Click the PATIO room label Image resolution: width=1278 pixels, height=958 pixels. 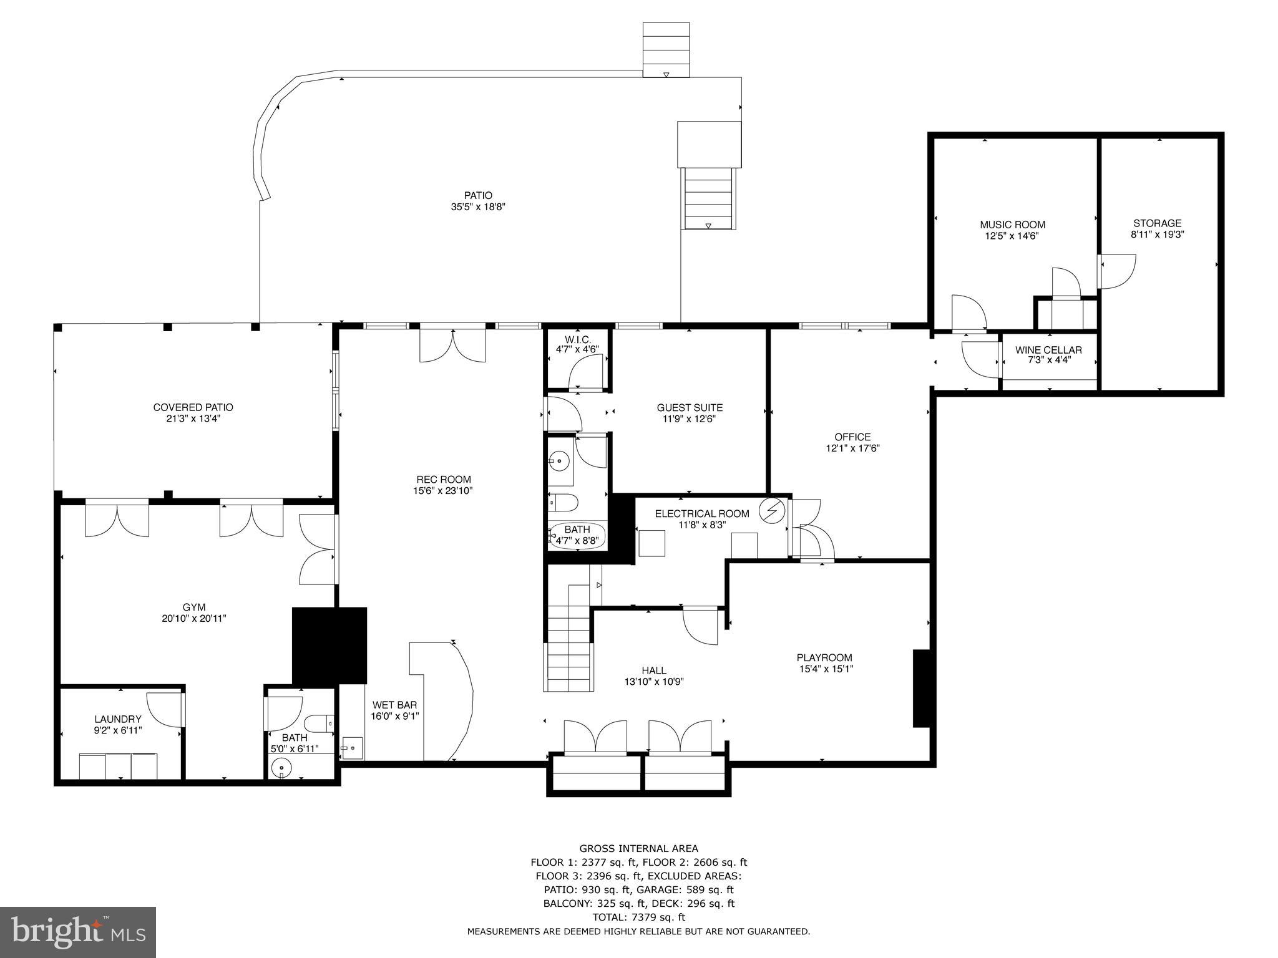[x=477, y=195]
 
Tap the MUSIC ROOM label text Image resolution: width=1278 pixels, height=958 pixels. [x=1012, y=225]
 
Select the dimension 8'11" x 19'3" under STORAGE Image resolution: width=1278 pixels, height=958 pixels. [x=1157, y=235]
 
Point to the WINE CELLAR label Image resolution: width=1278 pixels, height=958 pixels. [x=1048, y=350]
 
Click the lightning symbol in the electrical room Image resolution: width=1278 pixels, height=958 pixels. [x=771, y=511]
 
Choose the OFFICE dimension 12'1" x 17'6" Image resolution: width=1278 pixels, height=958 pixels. [x=852, y=448]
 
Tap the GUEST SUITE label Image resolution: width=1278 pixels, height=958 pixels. [x=690, y=407]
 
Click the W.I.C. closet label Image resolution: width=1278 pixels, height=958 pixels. [x=577, y=339]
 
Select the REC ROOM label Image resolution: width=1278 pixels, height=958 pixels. [x=444, y=480]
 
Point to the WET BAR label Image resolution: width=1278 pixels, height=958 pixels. [x=394, y=705]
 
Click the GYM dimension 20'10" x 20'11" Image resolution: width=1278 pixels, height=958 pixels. [x=194, y=619]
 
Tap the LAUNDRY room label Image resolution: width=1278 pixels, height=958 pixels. [x=118, y=719]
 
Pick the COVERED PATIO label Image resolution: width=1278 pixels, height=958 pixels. [x=193, y=407]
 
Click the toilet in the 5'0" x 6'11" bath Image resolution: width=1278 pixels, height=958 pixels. [x=318, y=723]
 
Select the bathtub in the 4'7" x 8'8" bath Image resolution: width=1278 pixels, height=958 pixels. [x=577, y=536]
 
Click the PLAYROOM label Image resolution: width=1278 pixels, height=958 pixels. [x=824, y=657]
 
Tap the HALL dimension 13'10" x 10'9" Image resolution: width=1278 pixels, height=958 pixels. [x=654, y=682]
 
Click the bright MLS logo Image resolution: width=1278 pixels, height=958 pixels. [x=78, y=932]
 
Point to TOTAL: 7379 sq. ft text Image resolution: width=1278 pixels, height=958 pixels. [x=638, y=917]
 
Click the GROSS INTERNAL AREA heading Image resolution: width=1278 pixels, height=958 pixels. [x=638, y=848]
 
